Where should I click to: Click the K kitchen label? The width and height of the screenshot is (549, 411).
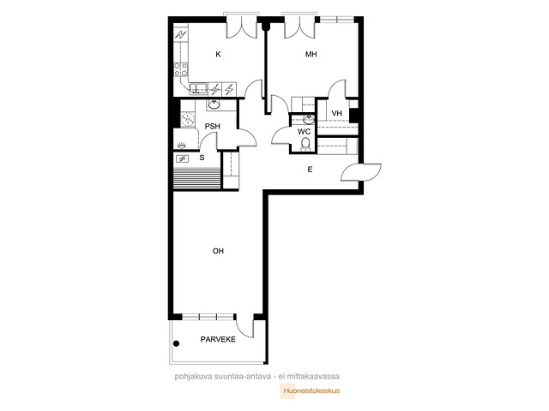(x=218, y=54)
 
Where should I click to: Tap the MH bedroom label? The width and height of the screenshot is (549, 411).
(x=311, y=54)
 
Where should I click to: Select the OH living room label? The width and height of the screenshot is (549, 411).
(x=218, y=251)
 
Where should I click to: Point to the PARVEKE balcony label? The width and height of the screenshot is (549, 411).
(x=218, y=339)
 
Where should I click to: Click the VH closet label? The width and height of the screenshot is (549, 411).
(x=336, y=113)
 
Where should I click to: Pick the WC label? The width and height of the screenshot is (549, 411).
(x=304, y=132)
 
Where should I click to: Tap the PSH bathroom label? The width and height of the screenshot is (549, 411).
(x=212, y=126)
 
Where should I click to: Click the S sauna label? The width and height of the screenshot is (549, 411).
(x=202, y=158)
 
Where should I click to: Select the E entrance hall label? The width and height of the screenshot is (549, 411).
(x=310, y=170)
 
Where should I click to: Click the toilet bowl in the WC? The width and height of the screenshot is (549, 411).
(x=305, y=145)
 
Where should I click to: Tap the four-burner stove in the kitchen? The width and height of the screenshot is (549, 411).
(x=181, y=69)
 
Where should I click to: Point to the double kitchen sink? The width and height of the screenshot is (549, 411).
(x=198, y=89)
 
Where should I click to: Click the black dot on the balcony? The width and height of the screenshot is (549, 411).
(x=177, y=343)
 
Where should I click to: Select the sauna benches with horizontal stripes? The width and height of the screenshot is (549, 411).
(x=197, y=179)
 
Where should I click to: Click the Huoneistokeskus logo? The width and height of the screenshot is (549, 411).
(x=310, y=391)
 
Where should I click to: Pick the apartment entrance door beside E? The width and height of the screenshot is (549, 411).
(x=361, y=172)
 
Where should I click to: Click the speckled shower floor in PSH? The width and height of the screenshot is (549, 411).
(x=188, y=120)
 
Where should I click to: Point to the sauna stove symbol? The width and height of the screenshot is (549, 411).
(x=182, y=159)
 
